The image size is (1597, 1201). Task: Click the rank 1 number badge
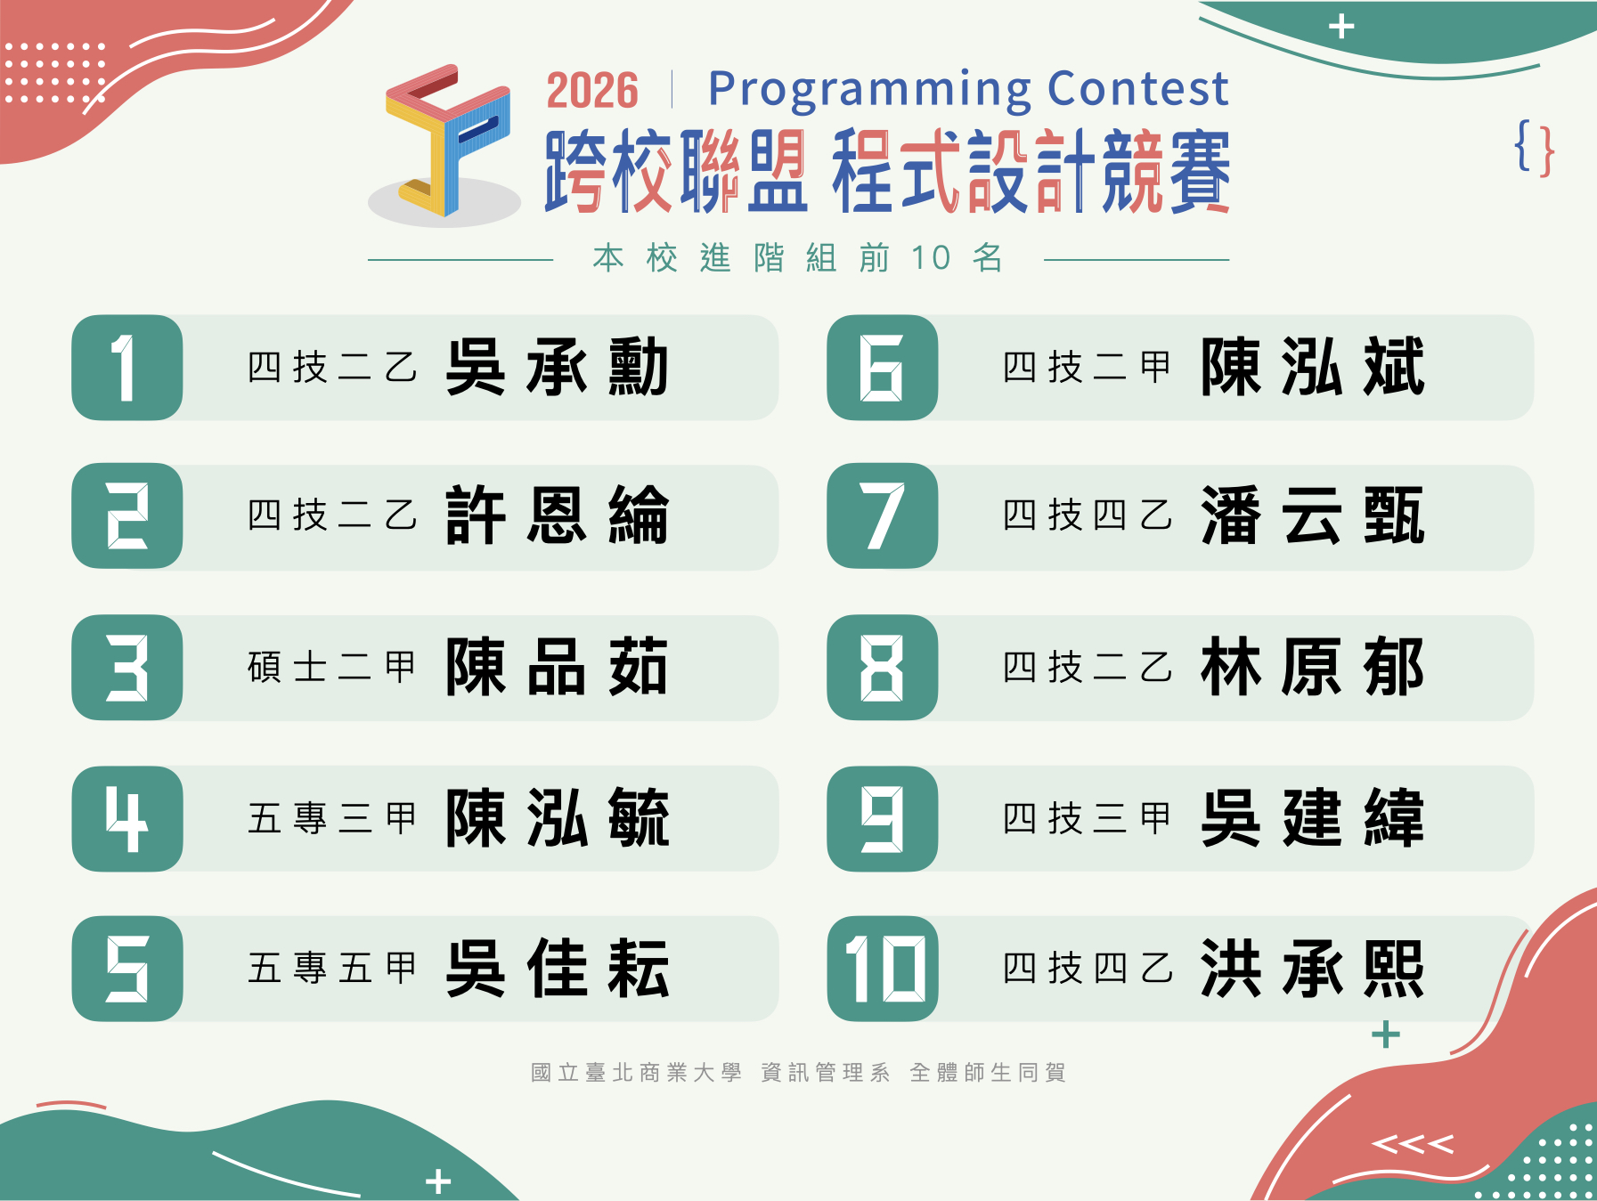127,368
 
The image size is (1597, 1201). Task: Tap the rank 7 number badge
883,516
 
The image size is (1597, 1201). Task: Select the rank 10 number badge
883,969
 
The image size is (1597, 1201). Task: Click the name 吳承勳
558,367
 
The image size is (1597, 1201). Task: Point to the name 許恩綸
558,515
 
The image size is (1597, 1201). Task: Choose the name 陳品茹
558,667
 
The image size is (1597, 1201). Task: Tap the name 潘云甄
1313,515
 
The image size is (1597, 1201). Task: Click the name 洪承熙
1313,969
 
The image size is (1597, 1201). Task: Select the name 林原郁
1313,667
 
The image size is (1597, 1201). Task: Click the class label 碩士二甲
332,667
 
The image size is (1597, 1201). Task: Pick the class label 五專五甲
332,969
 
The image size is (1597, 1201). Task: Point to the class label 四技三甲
1088,818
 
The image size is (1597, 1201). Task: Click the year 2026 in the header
592,91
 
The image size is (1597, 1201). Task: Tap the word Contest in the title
1138,88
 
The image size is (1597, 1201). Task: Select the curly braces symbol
1534,148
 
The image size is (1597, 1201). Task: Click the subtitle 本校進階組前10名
798,258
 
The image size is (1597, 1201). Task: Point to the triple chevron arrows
1413,1144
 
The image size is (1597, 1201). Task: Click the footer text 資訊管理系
826,1072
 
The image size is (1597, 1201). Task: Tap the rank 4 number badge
127,818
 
